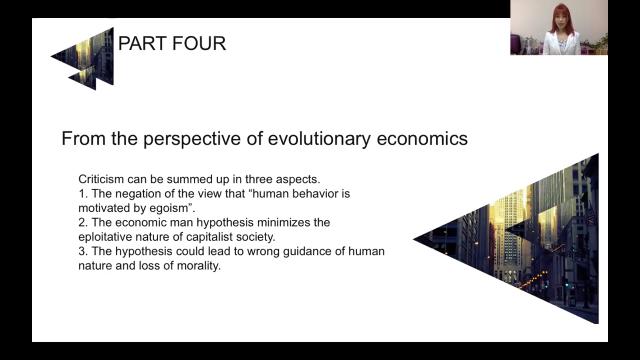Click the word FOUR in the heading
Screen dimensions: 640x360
tap(199, 43)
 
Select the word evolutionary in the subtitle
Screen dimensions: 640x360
tap(319, 139)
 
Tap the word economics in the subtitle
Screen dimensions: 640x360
tap(422, 138)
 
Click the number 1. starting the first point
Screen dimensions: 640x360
tap(83, 194)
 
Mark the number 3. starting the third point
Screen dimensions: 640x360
tap(83, 251)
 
